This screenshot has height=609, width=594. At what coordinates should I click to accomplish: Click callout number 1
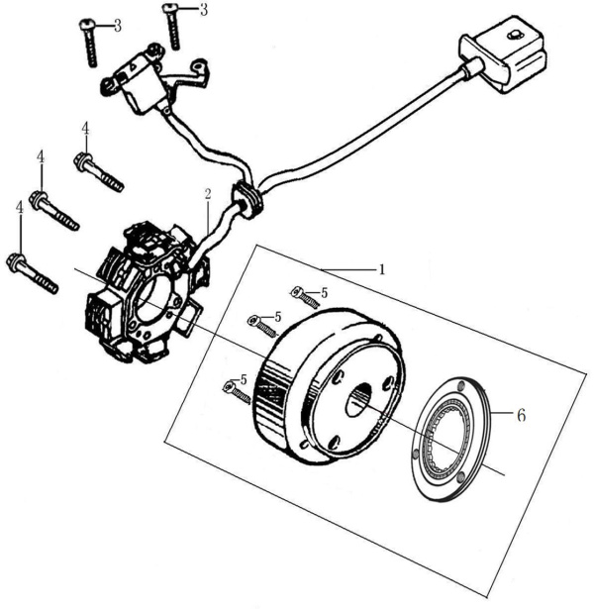[x=381, y=268]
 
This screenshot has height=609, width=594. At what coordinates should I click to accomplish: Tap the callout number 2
[x=208, y=195]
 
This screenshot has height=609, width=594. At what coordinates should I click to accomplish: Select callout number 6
[x=521, y=415]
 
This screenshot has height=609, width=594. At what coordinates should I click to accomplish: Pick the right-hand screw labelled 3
[x=172, y=26]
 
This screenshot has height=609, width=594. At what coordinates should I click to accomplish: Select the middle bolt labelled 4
[x=54, y=211]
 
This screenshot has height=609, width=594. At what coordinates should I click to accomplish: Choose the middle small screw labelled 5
[x=265, y=323]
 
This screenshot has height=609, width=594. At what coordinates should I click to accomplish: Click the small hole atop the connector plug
[x=513, y=37]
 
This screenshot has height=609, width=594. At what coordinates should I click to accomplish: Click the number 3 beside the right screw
[x=203, y=10]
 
